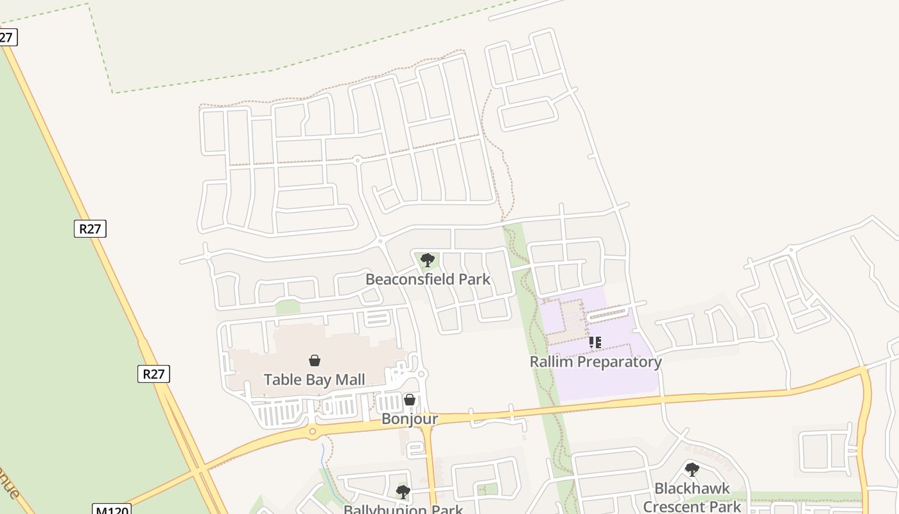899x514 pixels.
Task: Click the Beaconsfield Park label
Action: coord(428,279)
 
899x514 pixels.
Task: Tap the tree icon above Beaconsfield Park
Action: coord(428,260)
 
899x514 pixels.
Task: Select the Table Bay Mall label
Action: coord(315,380)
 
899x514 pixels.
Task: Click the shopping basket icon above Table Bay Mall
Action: coord(315,360)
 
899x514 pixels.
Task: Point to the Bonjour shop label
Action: coord(410,419)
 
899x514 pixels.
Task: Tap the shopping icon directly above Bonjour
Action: coord(410,400)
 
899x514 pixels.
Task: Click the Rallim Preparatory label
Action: coord(595,362)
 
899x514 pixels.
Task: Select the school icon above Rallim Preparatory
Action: coord(595,342)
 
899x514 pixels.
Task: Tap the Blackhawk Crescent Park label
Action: coord(692,497)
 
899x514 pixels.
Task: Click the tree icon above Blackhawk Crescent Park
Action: coord(692,470)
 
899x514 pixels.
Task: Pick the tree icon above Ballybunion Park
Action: coord(403,492)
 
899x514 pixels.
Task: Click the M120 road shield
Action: coord(112,510)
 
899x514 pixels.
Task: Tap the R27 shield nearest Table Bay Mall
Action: coord(153,374)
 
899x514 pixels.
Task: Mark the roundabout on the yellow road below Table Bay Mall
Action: coord(313,431)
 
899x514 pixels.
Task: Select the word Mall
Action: coord(351,380)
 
